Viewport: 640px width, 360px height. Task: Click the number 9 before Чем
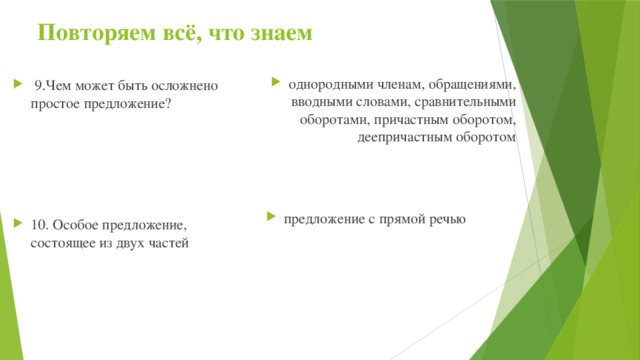[37, 85]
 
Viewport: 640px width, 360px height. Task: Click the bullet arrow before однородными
[277, 84]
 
